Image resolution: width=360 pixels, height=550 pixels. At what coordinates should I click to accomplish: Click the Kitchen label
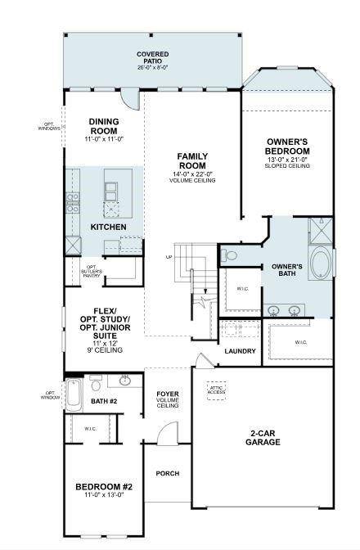point(109,226)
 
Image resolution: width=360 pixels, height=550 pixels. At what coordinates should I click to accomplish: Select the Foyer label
point(168,399)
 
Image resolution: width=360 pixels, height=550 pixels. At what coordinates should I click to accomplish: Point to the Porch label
point(168,473)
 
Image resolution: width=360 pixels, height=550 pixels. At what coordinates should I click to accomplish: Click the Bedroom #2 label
point(104,490)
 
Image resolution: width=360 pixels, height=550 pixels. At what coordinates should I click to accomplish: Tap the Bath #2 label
point(105,402)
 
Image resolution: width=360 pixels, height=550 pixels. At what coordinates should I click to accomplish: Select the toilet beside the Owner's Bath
point(230,255)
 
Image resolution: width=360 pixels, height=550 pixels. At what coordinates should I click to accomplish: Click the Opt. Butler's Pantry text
point(92,271)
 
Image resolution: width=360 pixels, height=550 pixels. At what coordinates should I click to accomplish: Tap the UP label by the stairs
point(169,256)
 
